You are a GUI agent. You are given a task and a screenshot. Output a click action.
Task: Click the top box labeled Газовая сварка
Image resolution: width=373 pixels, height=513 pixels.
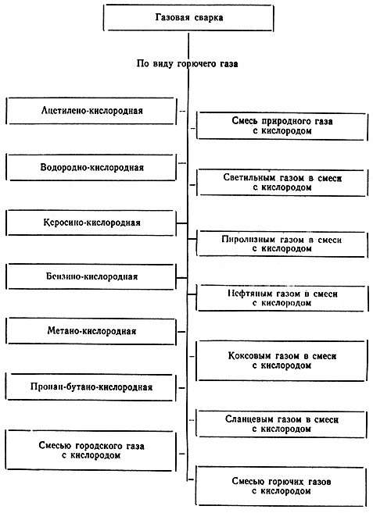click(x=188, y=18)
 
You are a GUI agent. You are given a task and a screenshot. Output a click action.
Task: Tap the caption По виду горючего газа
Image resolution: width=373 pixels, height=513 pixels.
click(x=187, y=63)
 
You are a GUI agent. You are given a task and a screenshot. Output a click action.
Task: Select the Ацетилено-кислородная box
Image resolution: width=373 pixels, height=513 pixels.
click(x=91, y=111)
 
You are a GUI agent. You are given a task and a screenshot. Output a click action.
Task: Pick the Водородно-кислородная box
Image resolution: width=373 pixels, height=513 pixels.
click(x=91, y=168)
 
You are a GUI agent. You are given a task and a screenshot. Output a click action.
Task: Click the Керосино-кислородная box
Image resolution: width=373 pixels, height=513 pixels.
click(x=91, y=223)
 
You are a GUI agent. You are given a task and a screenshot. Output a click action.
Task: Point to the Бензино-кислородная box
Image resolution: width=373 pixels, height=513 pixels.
click(x=91, y=276)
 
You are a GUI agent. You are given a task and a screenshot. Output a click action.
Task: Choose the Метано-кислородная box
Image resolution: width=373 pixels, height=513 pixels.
click(x=91, y=331)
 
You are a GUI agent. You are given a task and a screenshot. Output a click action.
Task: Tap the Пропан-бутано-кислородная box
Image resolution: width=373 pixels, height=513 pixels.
click(x=91, y=387)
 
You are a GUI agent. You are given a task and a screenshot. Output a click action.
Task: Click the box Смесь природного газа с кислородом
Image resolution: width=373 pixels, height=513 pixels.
click(x=282, y=126)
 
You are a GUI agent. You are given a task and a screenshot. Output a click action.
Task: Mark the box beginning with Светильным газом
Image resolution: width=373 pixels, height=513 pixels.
click(x=282, y=183)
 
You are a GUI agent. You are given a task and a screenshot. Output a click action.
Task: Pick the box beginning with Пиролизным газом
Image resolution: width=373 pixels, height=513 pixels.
click(x=282, y=244)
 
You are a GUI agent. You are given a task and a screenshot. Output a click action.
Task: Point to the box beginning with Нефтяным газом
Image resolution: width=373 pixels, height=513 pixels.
click(x=282, y=298)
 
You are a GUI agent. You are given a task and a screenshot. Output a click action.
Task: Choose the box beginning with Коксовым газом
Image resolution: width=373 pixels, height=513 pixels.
click(x=282, y=361)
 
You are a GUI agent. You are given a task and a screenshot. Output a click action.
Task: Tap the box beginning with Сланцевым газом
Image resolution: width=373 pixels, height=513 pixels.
click(x=282, y=424)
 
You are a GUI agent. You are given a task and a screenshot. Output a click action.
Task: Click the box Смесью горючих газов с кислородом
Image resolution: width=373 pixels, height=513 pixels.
click(x=282, y=486)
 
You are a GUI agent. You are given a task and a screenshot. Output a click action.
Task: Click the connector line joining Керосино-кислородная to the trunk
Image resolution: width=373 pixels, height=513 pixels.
click(x=182, y=223)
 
